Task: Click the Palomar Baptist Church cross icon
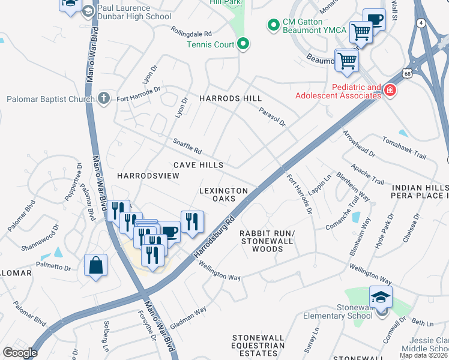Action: [x=104, y=98]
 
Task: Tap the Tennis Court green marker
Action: [x=243, y=44]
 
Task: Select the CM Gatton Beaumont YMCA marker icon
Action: [x=274, y=25]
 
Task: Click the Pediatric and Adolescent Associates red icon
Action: [x=390, y=91]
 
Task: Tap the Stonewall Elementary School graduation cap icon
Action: [x=380, y=299]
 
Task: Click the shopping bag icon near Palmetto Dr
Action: [x=95, y=265]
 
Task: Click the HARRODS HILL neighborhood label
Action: [x=231, y=98]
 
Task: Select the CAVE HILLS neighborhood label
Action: [x=198, y=165]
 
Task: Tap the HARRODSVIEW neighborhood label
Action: [x=148, y=176]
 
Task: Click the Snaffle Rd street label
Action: [x=187, y=146]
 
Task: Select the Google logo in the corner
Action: [x=20, y=353]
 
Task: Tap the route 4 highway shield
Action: [x=423, y=23]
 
